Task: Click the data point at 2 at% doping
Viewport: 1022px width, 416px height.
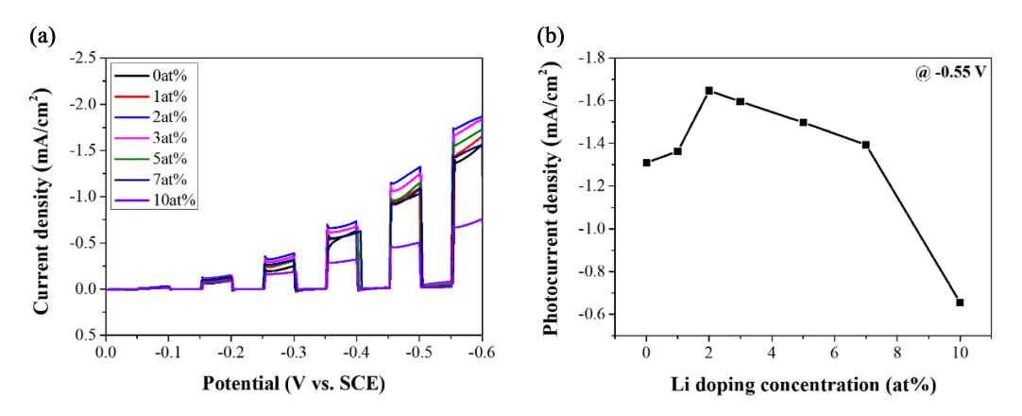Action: click(x=708, y=91)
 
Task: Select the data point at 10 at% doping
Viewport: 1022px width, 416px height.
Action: click(x=960, y=303)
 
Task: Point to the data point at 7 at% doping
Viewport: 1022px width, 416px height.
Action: click(x=865, y=145)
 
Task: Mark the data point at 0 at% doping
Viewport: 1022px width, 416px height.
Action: click(x=646, y=163)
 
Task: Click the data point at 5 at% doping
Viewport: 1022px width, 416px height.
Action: click(x=803, y=123)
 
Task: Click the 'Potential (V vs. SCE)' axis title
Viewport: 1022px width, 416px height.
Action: click(x=294, y=385)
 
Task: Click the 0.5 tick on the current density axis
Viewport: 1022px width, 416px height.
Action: click(x=88, y=335)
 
